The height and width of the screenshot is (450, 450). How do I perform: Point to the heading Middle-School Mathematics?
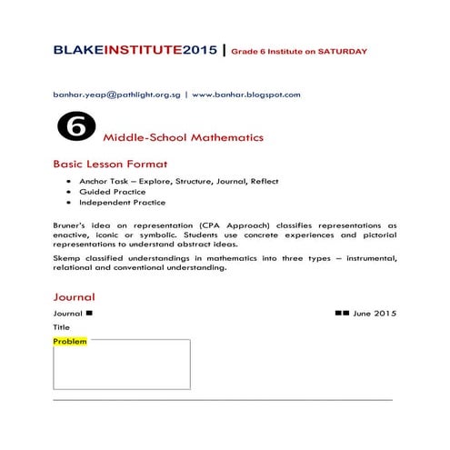pyautogui.click(x=184, y=138)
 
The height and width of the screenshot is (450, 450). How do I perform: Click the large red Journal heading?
pyautogui.click(x=74, y=297)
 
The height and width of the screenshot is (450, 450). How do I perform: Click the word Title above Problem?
pyautogui.click(x=61, y=327)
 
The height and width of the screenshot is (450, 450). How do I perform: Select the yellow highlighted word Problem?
pyautogui.click(x=70, y=342)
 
